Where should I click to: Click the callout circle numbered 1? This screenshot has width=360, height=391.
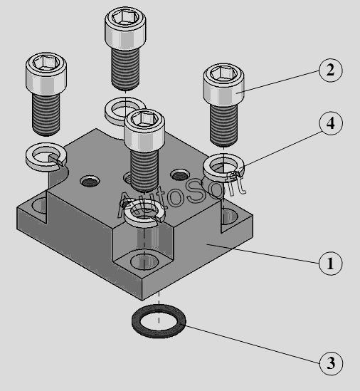click(x=330, y=264)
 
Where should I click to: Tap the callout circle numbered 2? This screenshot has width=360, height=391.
click(x=331, y=70)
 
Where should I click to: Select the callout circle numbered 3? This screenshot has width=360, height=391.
click(x=331, y=363)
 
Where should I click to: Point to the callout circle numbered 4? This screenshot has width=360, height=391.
click(x=331, y=123)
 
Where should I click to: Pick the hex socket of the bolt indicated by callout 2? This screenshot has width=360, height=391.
click(x=223, y=73)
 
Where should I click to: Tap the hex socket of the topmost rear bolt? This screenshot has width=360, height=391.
click(x=125, y=16)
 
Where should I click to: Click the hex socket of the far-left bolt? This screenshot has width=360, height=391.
click(x=46, y=62)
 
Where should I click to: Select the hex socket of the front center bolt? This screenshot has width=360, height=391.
click(x=144, y=119)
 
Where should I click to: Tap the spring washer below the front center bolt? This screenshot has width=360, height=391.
click(x=128, y=214)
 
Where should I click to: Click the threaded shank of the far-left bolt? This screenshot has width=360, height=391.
click(x=46, y=115)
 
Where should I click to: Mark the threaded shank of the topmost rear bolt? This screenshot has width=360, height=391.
click(x=125, y=68)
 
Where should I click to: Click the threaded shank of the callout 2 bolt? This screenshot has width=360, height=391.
click(x=223, y=125)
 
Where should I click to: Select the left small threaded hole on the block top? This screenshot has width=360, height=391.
click(x=90, y=182)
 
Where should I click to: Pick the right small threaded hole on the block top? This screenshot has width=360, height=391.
click(x=179, y=174)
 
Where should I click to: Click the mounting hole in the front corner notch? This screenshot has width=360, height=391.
click(x=144, y=262)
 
